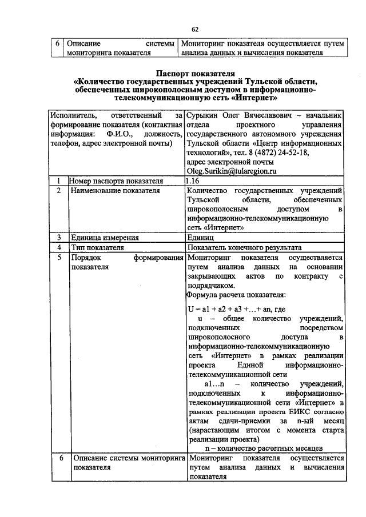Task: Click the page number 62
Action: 194,29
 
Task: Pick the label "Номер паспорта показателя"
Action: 116,181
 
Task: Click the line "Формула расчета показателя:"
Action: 236,295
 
